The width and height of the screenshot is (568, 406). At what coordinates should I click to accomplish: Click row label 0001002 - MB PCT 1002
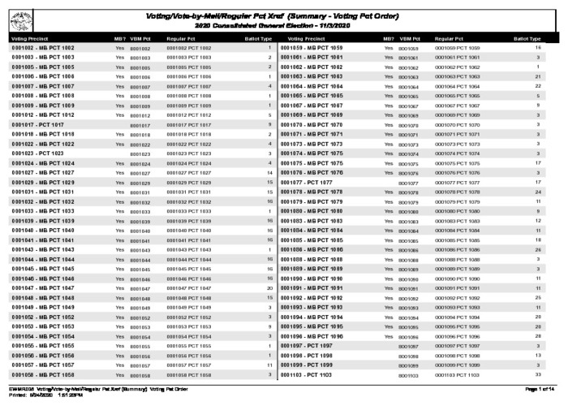point(43,49)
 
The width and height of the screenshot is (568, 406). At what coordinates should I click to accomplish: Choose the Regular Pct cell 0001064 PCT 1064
point(457,87)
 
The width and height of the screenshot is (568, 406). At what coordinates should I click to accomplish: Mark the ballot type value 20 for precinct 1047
point(269,288)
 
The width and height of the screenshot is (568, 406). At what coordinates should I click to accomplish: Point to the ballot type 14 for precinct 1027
point(269,173)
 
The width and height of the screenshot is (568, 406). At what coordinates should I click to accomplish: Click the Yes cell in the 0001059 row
point(389,49)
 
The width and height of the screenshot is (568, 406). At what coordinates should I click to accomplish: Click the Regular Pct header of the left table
point(181,38)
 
